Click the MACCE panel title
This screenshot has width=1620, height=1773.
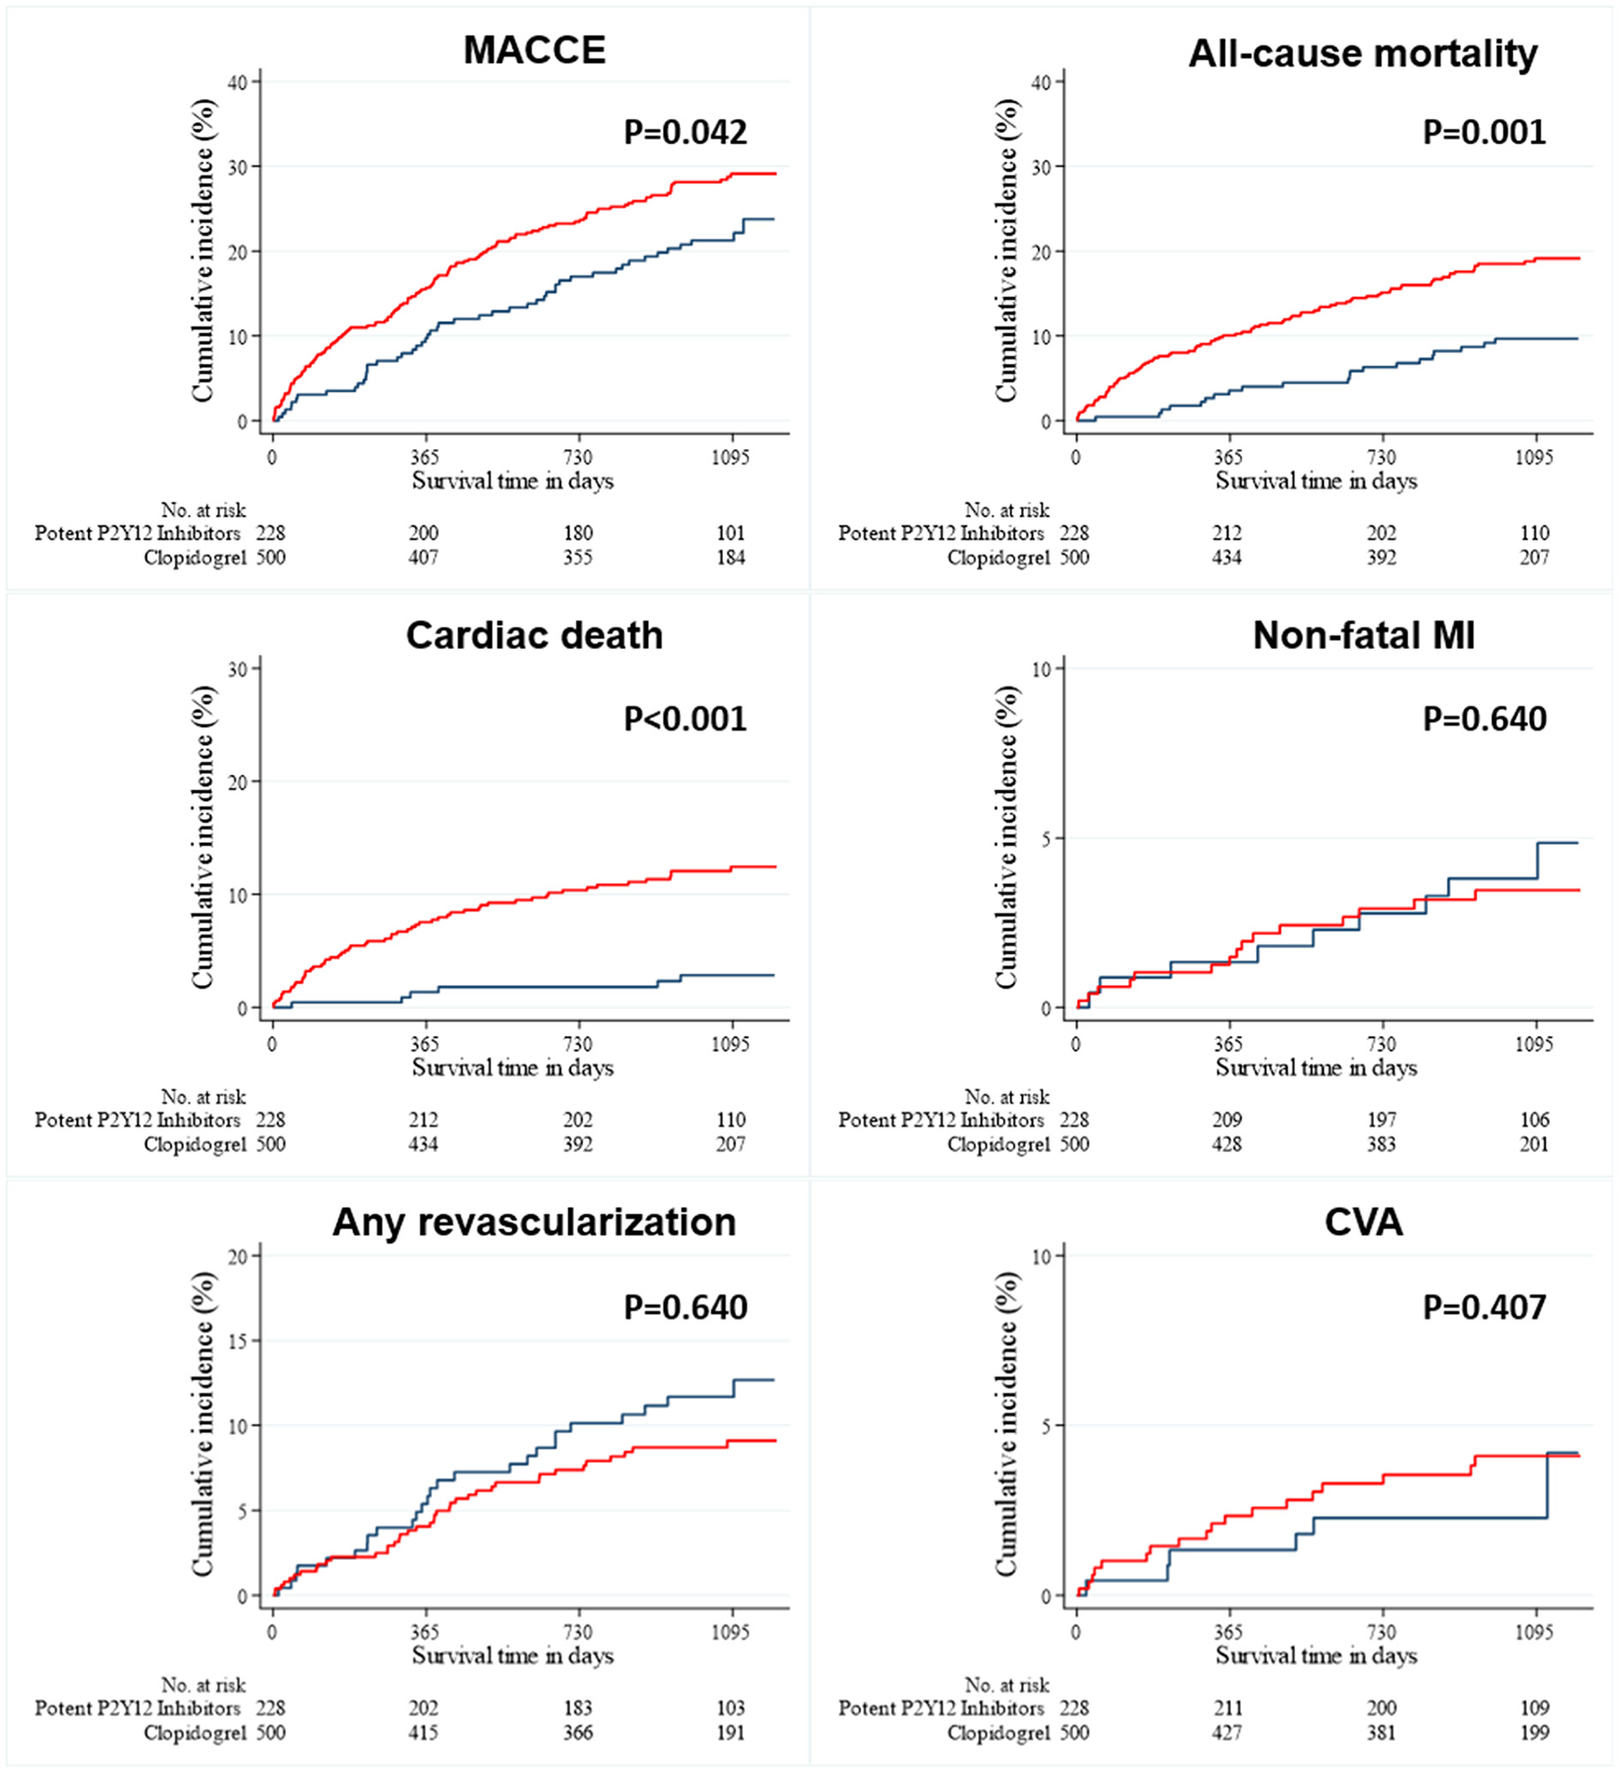click(535, 50)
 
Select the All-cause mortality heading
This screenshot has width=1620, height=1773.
click(1362, 54)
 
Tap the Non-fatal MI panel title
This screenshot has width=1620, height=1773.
click(1363, 636)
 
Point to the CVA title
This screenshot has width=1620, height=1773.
click(1363, 1223)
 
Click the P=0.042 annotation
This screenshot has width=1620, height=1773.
click(686, 133)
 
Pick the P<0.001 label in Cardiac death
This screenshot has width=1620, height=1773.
click(686, 720)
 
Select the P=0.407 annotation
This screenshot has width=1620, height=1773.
click(1485, 1308)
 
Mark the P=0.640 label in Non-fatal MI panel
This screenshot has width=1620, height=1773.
click(1485, 720)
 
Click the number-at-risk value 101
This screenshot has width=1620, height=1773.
click(730, 533)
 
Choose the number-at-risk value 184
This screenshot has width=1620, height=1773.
click(730, 558)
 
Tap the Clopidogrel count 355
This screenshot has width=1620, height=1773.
click(578, 558)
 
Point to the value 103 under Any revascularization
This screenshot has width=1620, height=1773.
click(730, 1708)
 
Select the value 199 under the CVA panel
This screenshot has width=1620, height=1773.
click(1534, 1733)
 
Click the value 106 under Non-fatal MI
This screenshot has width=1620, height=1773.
click(1534, 1120)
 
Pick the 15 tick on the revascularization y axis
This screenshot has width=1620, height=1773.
click(238, 1341)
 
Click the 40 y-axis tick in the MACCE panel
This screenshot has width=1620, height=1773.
click(238, 82)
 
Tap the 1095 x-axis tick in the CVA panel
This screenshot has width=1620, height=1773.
click(1534, 1632)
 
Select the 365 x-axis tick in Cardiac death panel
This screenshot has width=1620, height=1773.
click(424, 1044)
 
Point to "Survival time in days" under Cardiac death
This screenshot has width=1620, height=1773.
click(512, 1068)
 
